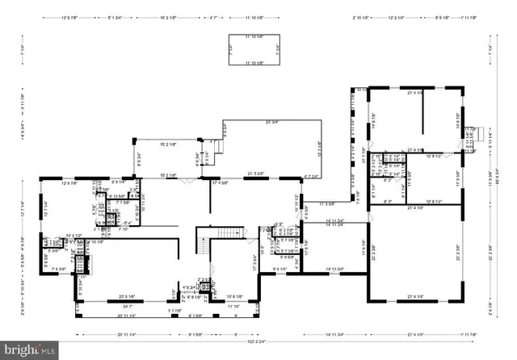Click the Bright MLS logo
click(x=30, y=350)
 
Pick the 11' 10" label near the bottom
click(x=235, y=307)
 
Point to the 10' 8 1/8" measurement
click(x=235, y=296)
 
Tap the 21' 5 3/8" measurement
click(x=256, y=174)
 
